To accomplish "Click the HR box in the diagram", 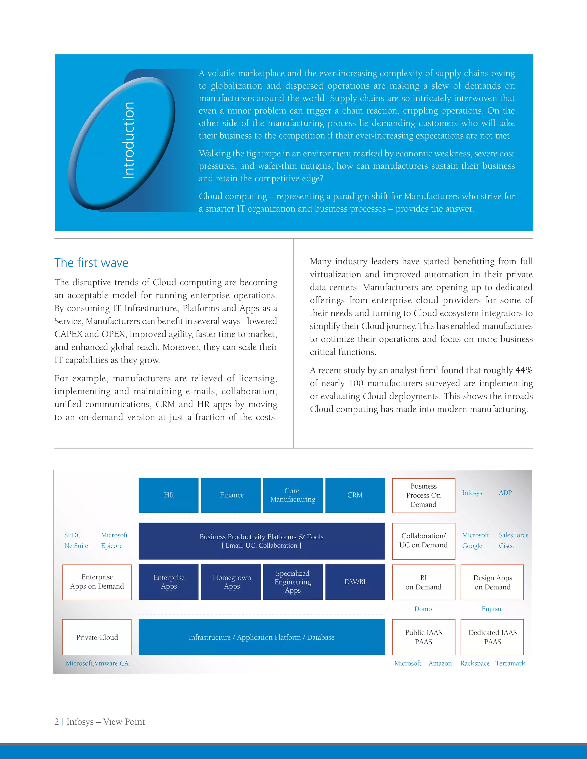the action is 169,495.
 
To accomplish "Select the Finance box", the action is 231,495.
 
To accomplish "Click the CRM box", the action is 355,495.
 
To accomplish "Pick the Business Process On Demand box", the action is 424,495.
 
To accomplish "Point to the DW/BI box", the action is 355,582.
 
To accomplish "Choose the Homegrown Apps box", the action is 231,582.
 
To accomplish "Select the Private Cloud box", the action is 97,637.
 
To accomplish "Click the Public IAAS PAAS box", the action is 424,637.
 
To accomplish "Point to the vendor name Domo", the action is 423,609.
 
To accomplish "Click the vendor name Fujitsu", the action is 491,609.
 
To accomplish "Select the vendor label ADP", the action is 505,493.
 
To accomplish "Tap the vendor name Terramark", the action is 510,663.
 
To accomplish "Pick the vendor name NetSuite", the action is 76,546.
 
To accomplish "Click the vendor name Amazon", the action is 440,663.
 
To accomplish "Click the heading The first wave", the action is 91,263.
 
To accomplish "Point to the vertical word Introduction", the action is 129,140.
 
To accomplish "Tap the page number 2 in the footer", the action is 57,721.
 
